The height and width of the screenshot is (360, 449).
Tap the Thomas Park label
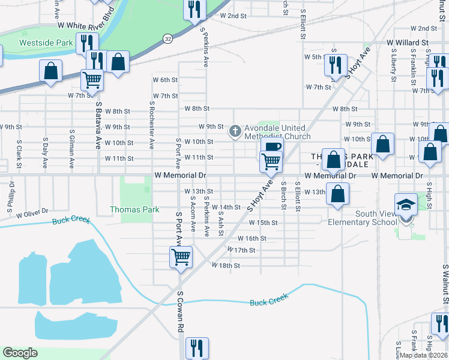[x=134, y=209]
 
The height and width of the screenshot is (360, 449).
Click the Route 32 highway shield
[x=168, y=38]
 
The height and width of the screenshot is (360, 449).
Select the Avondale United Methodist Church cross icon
[x=235, y=130]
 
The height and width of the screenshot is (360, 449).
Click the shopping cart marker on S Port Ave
[x=181, y=257]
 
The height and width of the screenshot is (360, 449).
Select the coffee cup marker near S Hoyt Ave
[x=272, y=147]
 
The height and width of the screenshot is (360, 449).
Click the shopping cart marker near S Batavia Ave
[x=92, y=78]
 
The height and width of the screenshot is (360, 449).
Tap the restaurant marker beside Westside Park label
[x=88, y=42]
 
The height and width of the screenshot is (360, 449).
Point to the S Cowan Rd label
[x=179, y=311]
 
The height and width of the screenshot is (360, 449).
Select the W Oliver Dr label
[x=32, y=214]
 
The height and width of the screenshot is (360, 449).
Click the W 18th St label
[x=225, y=265]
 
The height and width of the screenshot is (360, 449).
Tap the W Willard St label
[x=407, y=43]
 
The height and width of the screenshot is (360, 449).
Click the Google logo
[x=20, y=353]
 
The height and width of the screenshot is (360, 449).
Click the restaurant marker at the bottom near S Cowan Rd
[x=196, y=347]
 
